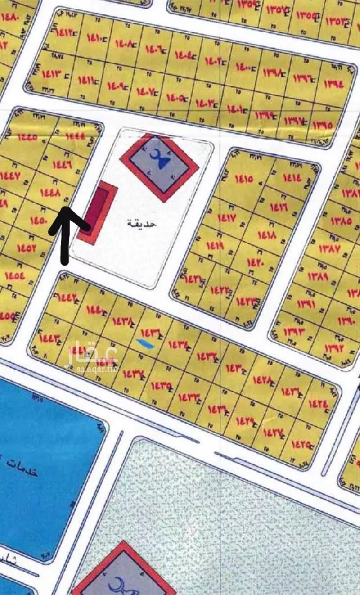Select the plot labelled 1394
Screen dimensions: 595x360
click(333, 83)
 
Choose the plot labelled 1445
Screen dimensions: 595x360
click(27, 137)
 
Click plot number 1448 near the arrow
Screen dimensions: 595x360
click(50, 193)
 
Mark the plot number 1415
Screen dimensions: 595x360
click(244, 179)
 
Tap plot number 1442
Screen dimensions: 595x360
click(66, 297)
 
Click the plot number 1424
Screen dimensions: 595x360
click(318, 404)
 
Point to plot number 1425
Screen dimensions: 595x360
click(301, 445)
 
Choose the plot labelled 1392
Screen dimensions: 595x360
click(333, 347)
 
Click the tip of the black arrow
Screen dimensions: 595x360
click(65, 208)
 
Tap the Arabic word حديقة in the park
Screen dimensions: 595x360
click(141, 223)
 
